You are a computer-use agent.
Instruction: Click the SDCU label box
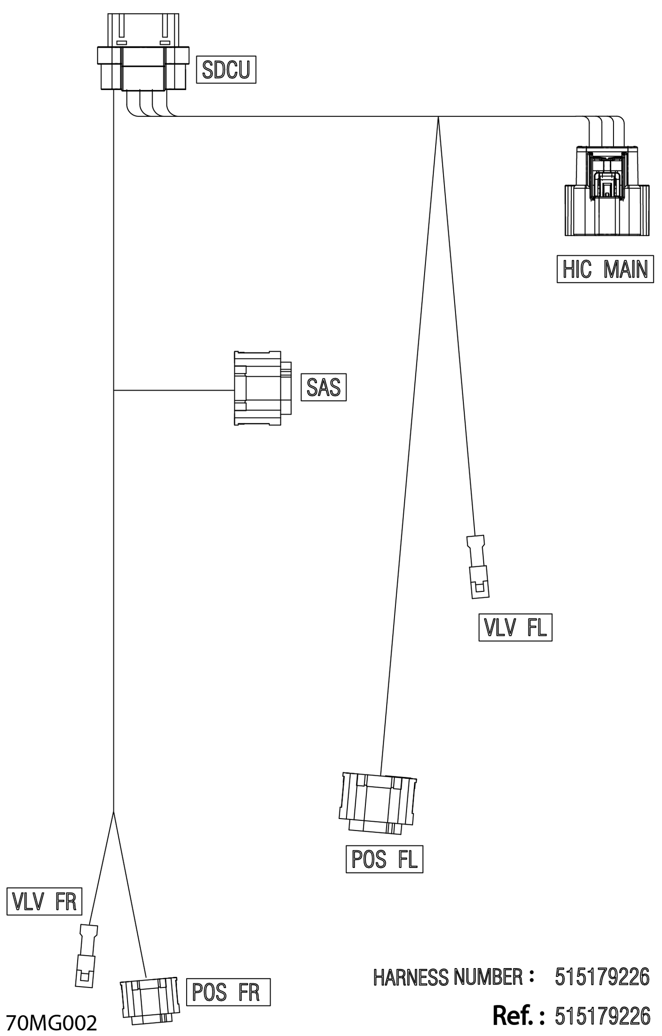point(226,70)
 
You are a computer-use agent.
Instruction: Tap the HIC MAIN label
point(605,269)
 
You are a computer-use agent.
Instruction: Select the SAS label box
point(323,387)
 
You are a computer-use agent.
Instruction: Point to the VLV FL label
point(515,627)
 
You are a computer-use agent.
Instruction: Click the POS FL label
point(384,859)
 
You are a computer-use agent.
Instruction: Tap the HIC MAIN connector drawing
point(607,191)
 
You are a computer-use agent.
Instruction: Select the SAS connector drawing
point(263,388)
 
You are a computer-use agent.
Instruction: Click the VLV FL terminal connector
point(477,567)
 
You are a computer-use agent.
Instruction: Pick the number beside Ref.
point(602,1016)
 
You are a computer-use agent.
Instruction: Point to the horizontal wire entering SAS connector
point(173,390)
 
